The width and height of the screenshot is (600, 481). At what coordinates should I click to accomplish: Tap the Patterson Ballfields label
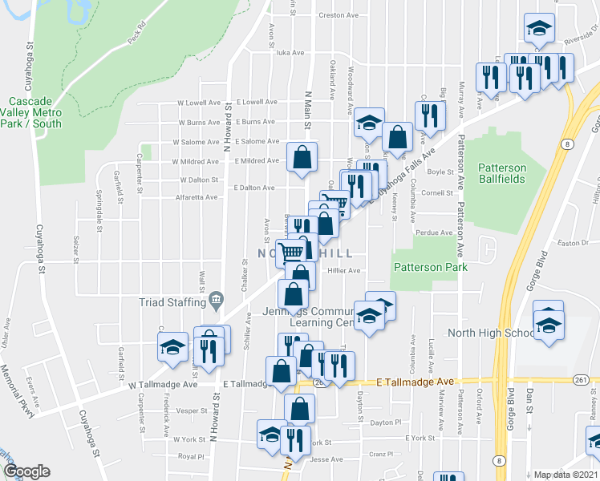click(501, 173)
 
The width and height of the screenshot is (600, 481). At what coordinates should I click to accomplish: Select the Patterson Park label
click(424, 267)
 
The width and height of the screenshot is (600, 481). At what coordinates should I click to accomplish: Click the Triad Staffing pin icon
click(216, 301)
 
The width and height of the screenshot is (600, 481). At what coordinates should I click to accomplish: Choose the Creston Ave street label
click(338, 15)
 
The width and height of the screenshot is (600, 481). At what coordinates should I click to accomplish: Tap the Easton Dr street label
click(573, 242)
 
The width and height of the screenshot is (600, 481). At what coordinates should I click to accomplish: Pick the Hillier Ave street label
click(344, 271)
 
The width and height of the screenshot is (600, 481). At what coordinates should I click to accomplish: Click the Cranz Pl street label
click(381, 454)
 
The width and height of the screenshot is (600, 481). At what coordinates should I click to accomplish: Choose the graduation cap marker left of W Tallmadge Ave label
click(172, 348)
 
